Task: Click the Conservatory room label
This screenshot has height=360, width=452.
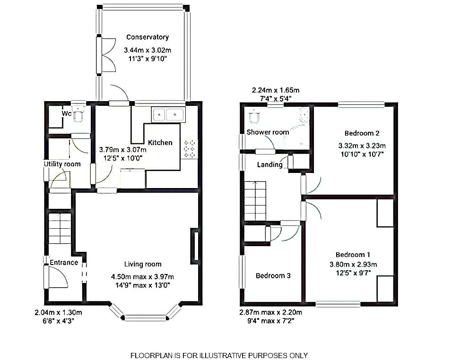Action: pyautogui.click(x=148, y=37)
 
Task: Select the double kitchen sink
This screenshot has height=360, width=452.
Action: pyautogui.click(x=168, y=115)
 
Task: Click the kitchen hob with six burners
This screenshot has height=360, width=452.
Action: pyautogui.click(x=189, y=149)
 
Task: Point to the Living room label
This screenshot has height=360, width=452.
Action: pyautogui.click(x=143, y=264)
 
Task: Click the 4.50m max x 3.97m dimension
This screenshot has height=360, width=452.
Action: pyautogui.click(x=142, y=277)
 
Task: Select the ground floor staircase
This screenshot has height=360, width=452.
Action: pyautogui.click(x=60, y=228)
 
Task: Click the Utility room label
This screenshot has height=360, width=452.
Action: pyautogui.click(x=62, y=164)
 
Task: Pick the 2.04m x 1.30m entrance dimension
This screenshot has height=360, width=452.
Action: pyautogui.click(x=59, y=312)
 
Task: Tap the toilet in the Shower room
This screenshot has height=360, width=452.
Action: pyautogui.click(x=254, y=117)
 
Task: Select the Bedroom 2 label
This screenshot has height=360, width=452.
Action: pyautogui.click(x=362, y=133)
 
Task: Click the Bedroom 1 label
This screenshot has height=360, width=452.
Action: pyautogui.click(x=353, y=255)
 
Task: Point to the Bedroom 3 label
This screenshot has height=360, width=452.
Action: pyautogui.click(x=273, y=275)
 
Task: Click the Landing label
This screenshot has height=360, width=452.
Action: pyautogui.click(x=270, y=164)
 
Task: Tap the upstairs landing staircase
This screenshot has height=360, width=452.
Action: pyautogui.click(x=255, y=201)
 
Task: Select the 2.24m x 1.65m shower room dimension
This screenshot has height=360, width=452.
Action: pyautogui.click(x=276, y=90)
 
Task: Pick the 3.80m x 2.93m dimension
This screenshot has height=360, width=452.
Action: pyautogui.click(x=353, y=264)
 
